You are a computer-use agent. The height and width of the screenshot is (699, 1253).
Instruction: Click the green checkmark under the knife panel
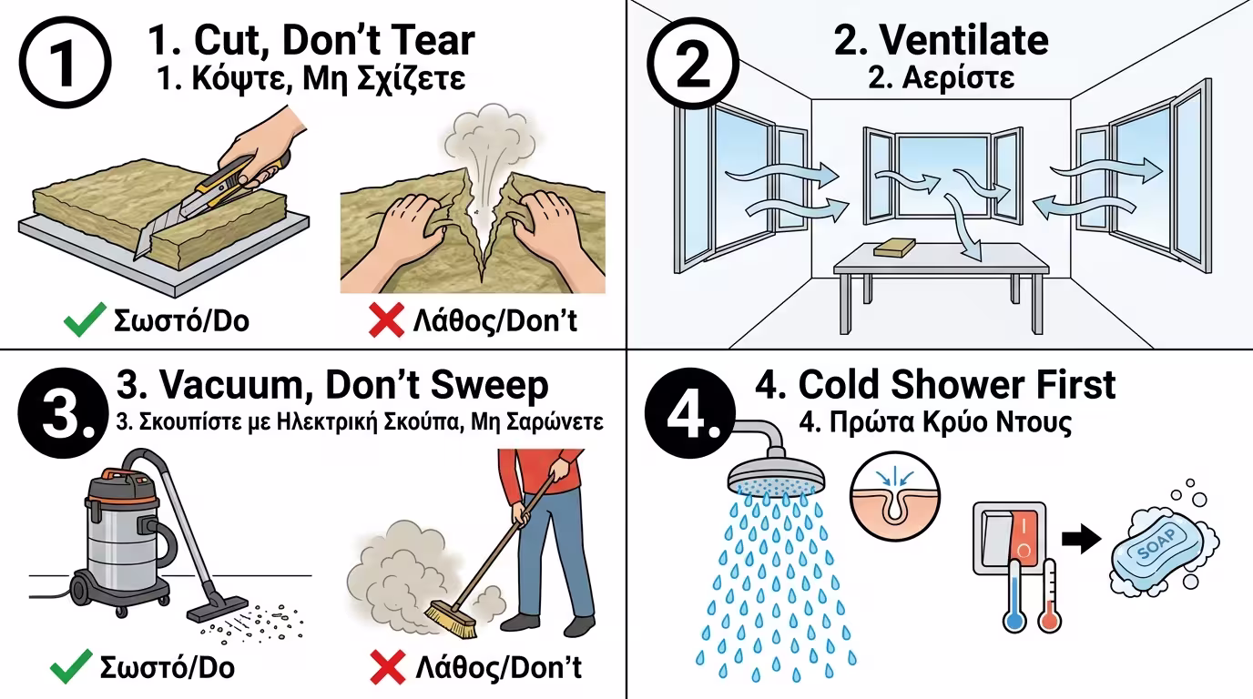[84, 321]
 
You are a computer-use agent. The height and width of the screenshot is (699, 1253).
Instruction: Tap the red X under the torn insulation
[386, 321]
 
